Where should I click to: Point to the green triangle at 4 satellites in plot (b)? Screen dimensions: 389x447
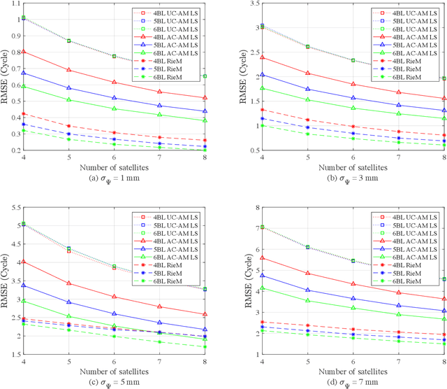click(263, 88)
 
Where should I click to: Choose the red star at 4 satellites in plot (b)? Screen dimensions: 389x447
click(263, 109)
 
